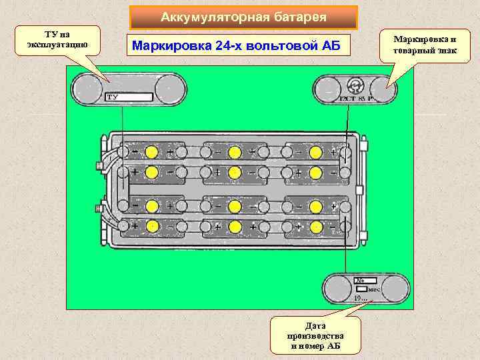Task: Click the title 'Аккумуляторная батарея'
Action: click(243, 17)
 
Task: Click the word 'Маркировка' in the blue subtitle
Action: click(168, 46)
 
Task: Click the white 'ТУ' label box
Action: click(129, 97)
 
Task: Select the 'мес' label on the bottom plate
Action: click(375, 289)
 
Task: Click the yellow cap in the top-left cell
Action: click(152, 152)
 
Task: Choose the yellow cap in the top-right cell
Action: click(317, 152)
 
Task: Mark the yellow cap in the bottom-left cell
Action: click(152, 226)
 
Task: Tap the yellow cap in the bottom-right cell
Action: click(317, 227)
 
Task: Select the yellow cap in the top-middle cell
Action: click(234, 152)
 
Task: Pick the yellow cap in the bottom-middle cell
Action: click(234, 226)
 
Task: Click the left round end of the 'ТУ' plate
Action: click(88, 88)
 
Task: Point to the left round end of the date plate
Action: click(337, 289)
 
